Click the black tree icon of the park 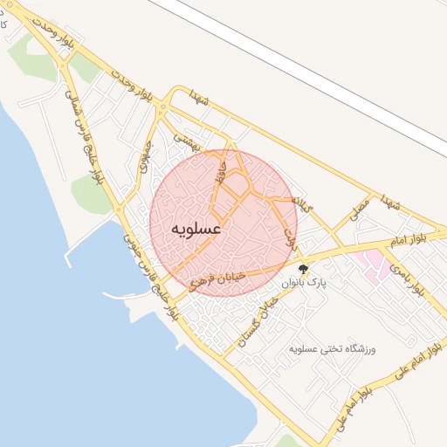(x=303, y=269)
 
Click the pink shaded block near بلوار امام (x=371, y=264)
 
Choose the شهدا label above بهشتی (x=202, y=100)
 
